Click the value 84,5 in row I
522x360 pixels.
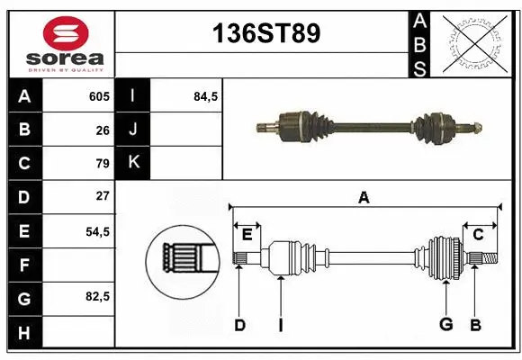click(206, 96)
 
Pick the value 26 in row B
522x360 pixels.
click(102, 130)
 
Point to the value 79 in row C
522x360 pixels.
click(102, 164)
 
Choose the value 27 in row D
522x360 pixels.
click(102, 196)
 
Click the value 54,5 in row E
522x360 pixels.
click(97, 230)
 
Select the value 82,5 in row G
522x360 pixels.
click(97, 296)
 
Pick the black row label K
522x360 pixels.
click(133, 163)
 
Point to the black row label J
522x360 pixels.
click(133, 130)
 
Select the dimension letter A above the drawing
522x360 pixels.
click(364, 197)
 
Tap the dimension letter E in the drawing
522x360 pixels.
click(247, 235)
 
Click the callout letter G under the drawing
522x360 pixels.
click(445, 325)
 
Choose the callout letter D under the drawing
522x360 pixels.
click(239, 325)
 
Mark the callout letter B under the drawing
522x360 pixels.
click(475, 325)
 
